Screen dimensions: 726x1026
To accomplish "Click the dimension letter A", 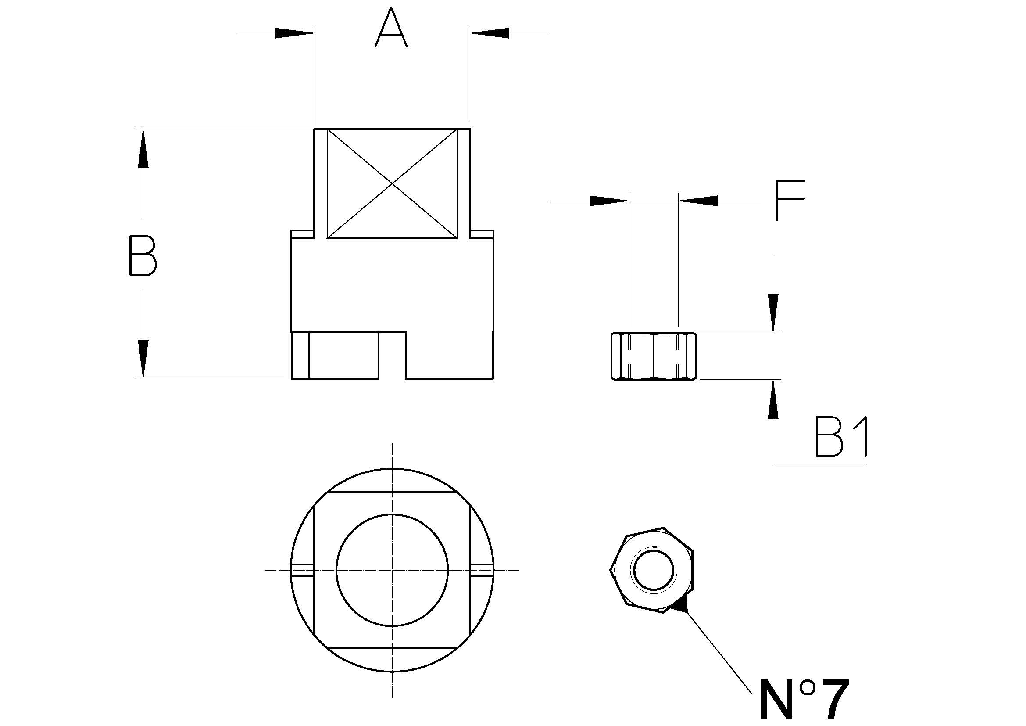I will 391,28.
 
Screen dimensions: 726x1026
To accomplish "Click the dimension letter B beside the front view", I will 143,256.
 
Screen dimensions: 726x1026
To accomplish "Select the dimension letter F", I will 789,200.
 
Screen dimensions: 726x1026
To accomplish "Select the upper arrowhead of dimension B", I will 143,148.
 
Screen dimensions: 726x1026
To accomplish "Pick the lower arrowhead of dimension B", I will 143,359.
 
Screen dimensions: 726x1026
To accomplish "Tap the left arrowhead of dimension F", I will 609,201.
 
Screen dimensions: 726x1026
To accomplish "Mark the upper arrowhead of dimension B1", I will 773,313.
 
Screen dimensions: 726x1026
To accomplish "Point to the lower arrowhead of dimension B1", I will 773,399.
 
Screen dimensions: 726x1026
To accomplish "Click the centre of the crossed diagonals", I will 392,184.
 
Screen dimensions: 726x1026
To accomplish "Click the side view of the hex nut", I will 653,356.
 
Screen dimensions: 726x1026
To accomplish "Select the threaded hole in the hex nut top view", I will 653,571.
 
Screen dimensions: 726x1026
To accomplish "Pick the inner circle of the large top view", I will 392,571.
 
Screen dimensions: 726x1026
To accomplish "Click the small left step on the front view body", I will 302,234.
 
